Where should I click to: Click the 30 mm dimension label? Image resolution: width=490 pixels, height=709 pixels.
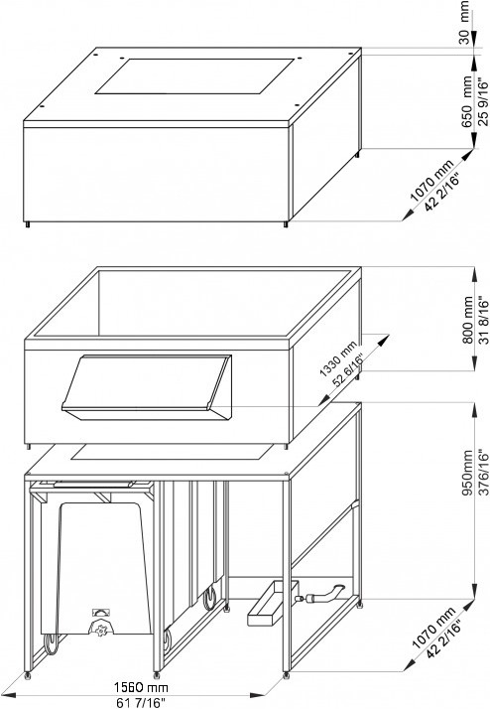tap(464, 23)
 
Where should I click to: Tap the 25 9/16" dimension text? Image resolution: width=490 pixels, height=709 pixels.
tap(483, 102)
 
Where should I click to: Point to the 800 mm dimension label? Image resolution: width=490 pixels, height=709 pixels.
tap(468, 320)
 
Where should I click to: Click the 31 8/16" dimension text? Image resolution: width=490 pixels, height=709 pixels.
tap(483, 320)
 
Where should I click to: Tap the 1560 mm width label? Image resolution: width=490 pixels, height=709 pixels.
tap(141, 688)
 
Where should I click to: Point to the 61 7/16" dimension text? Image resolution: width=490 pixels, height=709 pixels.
tap(141, 702)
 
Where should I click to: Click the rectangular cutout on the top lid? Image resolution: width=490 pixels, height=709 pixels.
tap(194, 76)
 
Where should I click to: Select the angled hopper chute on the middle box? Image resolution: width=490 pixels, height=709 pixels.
tap(147, 387)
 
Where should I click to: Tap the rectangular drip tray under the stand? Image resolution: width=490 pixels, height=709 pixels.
tap(273, 604)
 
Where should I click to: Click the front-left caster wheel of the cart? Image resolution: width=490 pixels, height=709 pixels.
tap(51, 644)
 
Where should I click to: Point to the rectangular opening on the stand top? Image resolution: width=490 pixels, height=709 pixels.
tap(172, 452)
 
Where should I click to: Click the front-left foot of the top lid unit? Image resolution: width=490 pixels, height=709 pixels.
tap(28, 224)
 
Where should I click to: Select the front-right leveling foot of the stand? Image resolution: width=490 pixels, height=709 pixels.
tap(287, 675)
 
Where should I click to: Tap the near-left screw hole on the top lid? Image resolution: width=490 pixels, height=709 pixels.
tap(42, 106)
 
